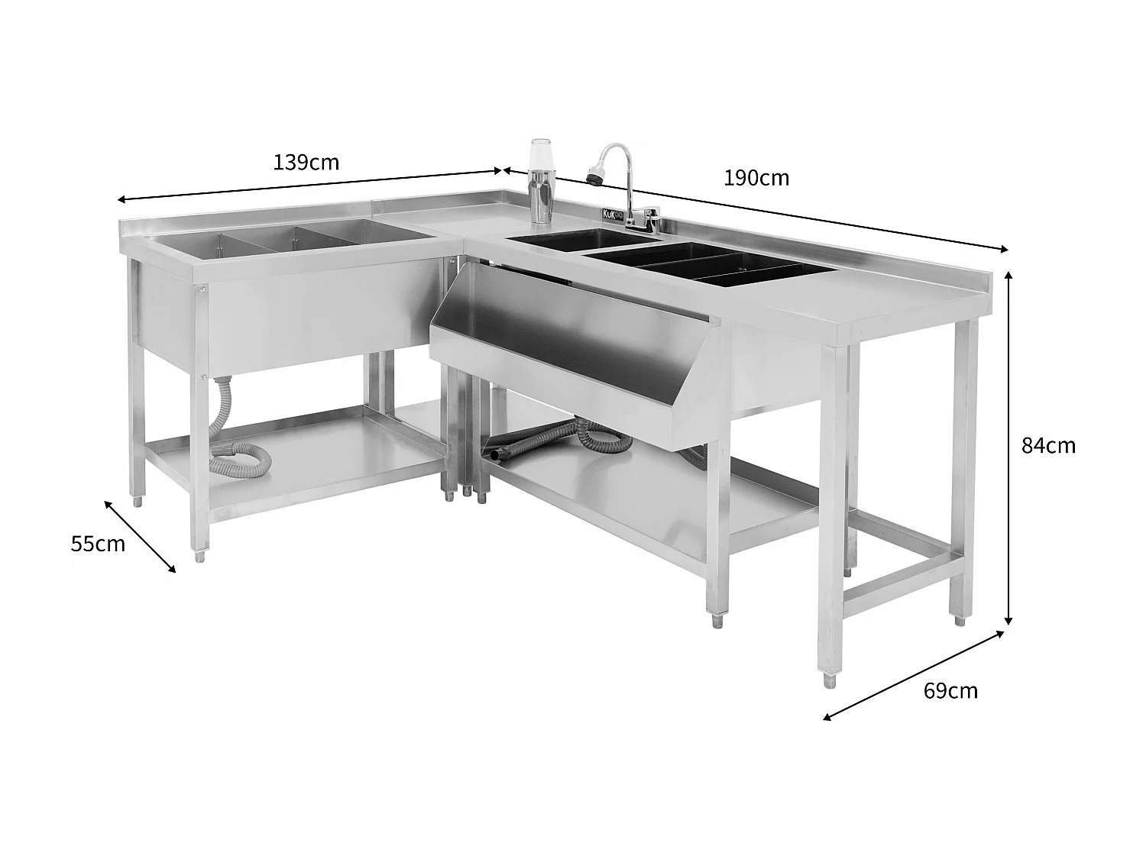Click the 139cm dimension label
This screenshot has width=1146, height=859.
(306, 163)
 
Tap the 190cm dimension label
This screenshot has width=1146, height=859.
(756, 179)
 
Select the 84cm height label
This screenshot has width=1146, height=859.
(1048, 445)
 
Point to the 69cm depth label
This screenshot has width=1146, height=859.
(950, 691)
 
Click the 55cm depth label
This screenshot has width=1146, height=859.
(98, 544)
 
